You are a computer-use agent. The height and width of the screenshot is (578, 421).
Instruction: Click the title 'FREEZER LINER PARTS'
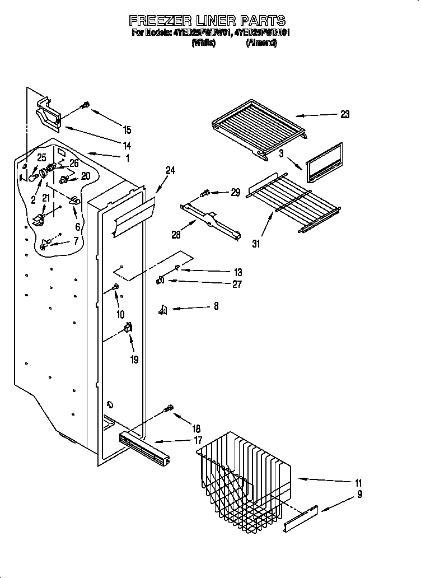[207, 21]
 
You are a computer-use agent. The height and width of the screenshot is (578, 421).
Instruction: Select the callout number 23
[344, 114]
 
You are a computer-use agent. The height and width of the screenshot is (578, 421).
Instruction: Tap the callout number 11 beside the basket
[358, 483]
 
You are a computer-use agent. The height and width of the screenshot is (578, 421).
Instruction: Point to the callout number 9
[359, 494]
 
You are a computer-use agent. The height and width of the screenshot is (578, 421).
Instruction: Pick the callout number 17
[198, 441]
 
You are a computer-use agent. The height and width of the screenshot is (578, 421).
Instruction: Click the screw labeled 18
[168, 411]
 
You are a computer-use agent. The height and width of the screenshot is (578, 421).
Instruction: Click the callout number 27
[236, 285]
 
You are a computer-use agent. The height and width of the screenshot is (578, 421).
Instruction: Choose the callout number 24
[170, 171]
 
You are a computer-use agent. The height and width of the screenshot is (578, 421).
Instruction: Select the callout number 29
[235, 192]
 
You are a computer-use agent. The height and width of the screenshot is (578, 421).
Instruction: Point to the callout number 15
[127, 130]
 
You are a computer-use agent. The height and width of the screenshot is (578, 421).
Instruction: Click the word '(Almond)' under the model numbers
[261, 43]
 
